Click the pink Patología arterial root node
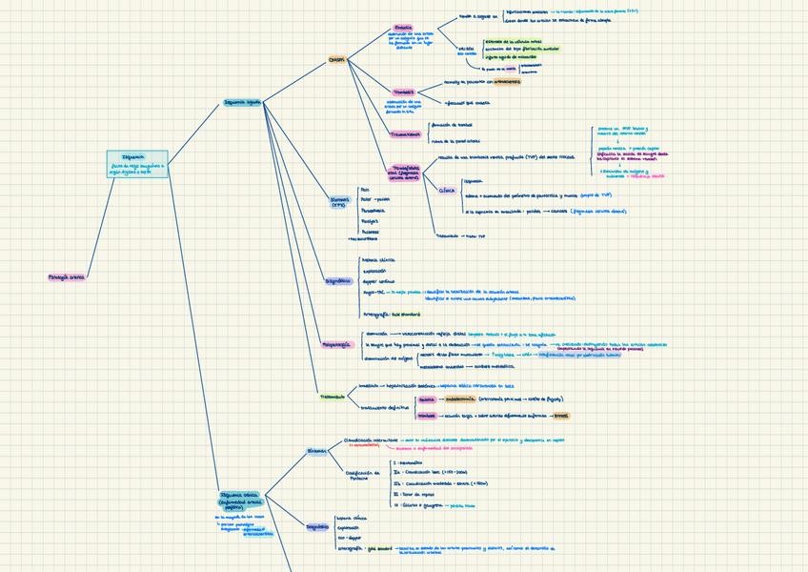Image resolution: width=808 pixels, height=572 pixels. [x=67, y=277]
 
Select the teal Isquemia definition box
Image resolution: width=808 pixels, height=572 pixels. [x=137, y=163]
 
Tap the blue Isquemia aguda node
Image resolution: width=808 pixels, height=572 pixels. [x=242, y=101]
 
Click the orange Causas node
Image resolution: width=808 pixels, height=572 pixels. [x=336, y=59]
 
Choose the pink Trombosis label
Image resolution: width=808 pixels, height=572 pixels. [x=404, y=92]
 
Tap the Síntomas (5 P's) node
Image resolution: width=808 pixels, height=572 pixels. [x=339, y=202]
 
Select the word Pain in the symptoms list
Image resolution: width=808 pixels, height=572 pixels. [x=365, y=190]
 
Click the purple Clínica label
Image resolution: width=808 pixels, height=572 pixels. [x=447, y=190]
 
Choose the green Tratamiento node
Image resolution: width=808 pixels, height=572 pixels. [x=333, y=396]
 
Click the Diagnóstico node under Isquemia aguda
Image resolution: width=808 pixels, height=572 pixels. [x=338, y=282]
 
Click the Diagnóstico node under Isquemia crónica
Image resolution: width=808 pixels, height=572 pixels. [x=317, y=526]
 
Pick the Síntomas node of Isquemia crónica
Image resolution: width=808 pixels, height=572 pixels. [x=316, y=451]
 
